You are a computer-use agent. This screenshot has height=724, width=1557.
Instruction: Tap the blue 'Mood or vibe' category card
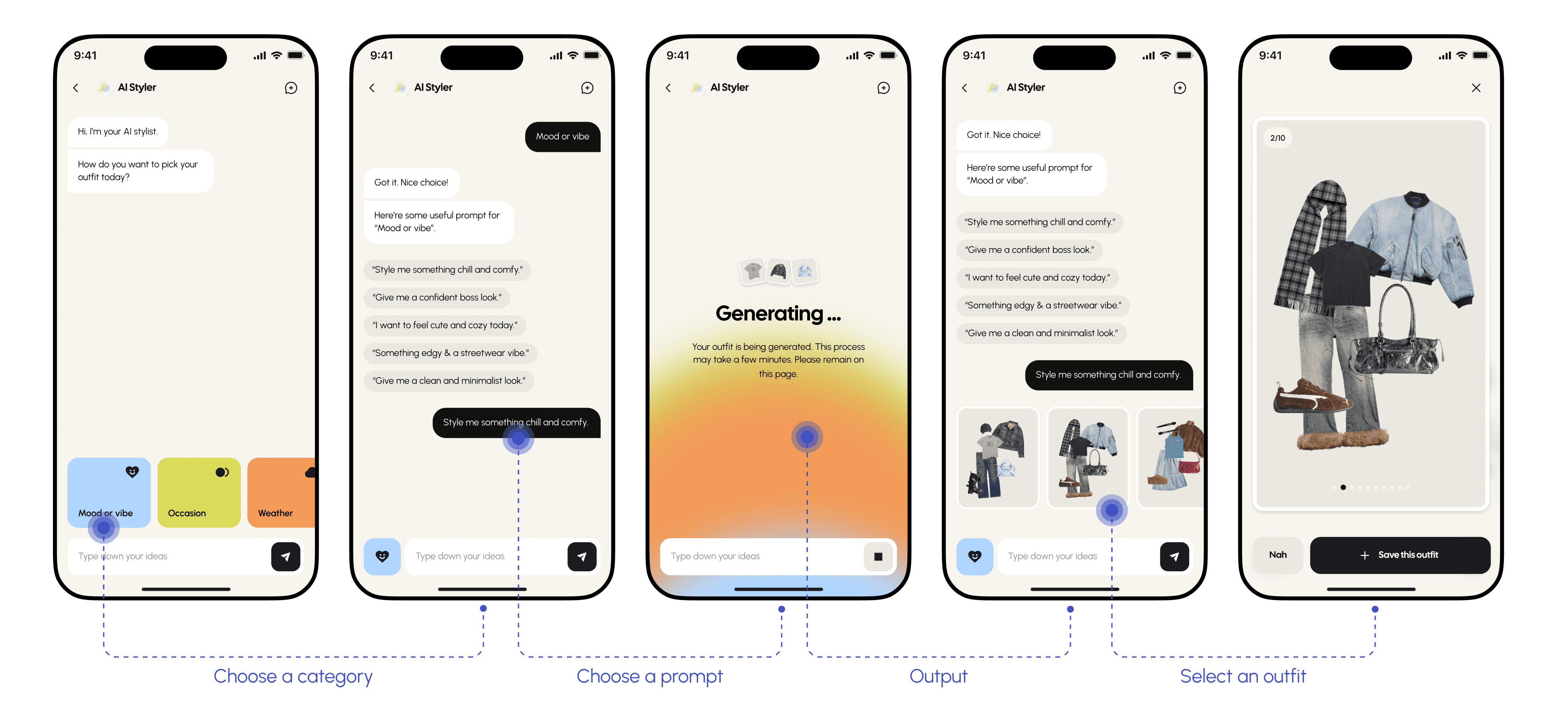109,492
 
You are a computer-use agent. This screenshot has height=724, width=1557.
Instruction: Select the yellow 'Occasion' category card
199,492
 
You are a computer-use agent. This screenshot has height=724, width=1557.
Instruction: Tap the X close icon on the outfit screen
1476,88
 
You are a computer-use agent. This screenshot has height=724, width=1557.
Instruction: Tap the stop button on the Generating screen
878,556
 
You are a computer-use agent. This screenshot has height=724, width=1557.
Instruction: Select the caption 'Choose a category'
293,676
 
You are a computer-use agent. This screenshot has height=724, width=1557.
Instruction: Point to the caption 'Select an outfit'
1243,676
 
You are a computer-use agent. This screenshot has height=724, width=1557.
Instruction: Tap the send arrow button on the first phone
285,556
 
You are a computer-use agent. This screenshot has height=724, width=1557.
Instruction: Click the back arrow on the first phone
75,88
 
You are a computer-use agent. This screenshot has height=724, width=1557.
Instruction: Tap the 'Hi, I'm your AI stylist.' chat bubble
117,132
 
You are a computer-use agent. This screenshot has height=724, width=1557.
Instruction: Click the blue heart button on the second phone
382,556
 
